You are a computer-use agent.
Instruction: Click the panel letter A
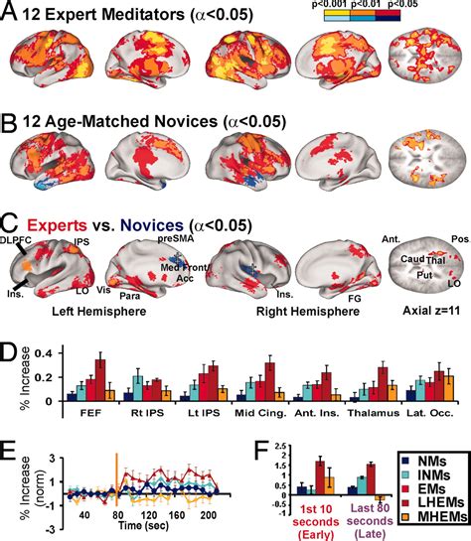11,13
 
